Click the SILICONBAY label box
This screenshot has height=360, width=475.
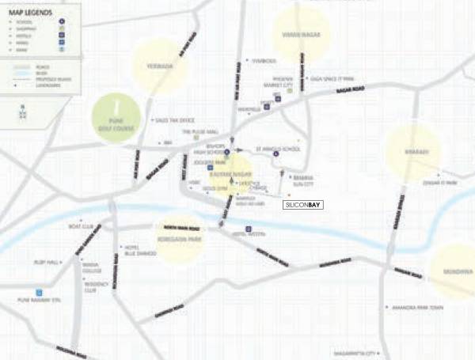[302, 204]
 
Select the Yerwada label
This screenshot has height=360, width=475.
[161, 66]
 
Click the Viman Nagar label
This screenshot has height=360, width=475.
[301, 33]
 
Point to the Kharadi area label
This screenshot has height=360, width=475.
[412, 152]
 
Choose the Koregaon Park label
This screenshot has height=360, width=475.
[180, 236]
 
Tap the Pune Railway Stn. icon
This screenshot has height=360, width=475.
[38, 293]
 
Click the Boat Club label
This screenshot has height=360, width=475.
[81, 227]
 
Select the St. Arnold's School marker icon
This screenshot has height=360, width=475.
[275, 153]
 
